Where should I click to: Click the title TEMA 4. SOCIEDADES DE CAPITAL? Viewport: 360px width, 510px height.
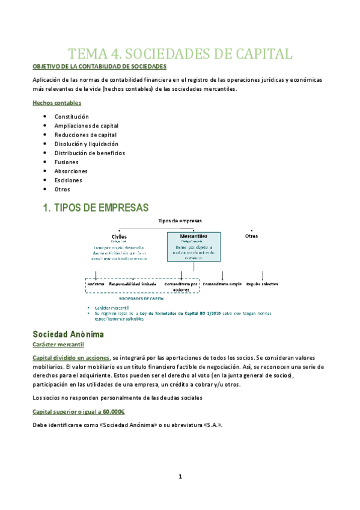pyautogui.click(x=180, y=54)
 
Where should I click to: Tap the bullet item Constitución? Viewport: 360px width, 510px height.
pyautogui.click(x=72, y=116)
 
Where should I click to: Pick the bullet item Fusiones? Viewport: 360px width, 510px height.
pyautogui.click(x=67, y=162)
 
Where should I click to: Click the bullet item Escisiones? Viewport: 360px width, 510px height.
pyautogui.click(x=69, y=180)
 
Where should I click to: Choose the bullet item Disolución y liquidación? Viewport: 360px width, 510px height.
pyautogui.click(x=87, y=144)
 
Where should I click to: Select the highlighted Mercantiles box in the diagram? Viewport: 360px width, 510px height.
pyautogui.click(x=194, y=245)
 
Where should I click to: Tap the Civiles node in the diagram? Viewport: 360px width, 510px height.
pyautogui.click(x=120, y=237)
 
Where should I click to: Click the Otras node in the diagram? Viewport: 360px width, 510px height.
pyautogui.click(x=251, y=236)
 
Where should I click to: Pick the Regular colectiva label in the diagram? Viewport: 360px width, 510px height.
pyautogui.click(x=262, y=283)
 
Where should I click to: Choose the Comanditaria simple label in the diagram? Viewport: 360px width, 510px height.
pyautogui.click(x=222, y=283)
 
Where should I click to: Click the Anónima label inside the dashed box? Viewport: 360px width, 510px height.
pyautogui.click(x=96, y=283)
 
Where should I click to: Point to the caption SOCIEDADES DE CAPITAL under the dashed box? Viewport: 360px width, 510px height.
pyautogui.click(x=142, y=298)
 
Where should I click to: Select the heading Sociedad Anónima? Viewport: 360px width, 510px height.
pyautogui.click(x=69, y=333)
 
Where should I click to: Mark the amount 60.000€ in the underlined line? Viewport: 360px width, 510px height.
pyautogui.click(x=110, y=412)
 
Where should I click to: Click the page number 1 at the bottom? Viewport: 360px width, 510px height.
pyautogui.click(x=180, y=477)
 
